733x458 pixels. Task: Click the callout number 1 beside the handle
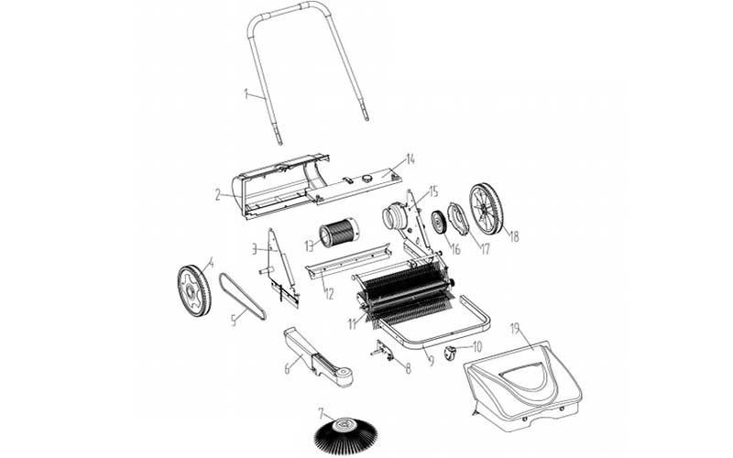coord(246,94)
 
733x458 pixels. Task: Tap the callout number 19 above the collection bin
coord(515,330)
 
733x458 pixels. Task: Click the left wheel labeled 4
coord(194,290)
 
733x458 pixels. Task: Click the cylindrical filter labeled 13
coord(338,233)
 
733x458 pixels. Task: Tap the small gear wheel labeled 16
coord(439,223)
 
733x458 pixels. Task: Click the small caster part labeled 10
coord(449,353)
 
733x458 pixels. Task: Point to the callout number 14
coord(410,159)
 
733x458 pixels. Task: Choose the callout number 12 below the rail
coord(329,294)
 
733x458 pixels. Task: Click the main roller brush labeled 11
coord(403,292)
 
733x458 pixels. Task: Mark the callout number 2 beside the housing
coord(218,195)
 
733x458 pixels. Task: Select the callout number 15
coord(432,191)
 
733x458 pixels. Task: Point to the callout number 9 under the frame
coord(432,361)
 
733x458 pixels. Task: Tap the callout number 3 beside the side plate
coord(255,249)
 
